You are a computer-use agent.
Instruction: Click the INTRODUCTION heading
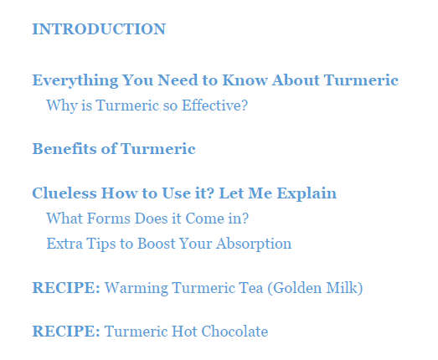99,29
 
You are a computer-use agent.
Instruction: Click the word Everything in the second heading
75,81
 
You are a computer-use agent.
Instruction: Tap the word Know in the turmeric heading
245,80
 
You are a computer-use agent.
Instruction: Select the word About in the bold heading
296,80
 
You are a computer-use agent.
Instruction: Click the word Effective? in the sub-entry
214,105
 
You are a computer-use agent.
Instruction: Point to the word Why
62,106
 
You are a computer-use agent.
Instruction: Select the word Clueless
64,193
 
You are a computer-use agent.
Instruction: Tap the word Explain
307,194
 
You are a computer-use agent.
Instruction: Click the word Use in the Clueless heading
174,193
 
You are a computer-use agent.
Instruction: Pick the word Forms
109,219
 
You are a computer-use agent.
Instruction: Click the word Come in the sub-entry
204,219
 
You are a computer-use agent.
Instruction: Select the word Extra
64,244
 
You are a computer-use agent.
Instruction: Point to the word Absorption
254,244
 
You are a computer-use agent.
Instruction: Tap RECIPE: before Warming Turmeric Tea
66,288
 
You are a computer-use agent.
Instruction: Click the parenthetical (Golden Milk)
315,288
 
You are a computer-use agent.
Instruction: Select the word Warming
137,289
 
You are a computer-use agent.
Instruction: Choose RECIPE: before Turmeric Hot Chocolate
66,332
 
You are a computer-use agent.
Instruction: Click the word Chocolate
234,332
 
